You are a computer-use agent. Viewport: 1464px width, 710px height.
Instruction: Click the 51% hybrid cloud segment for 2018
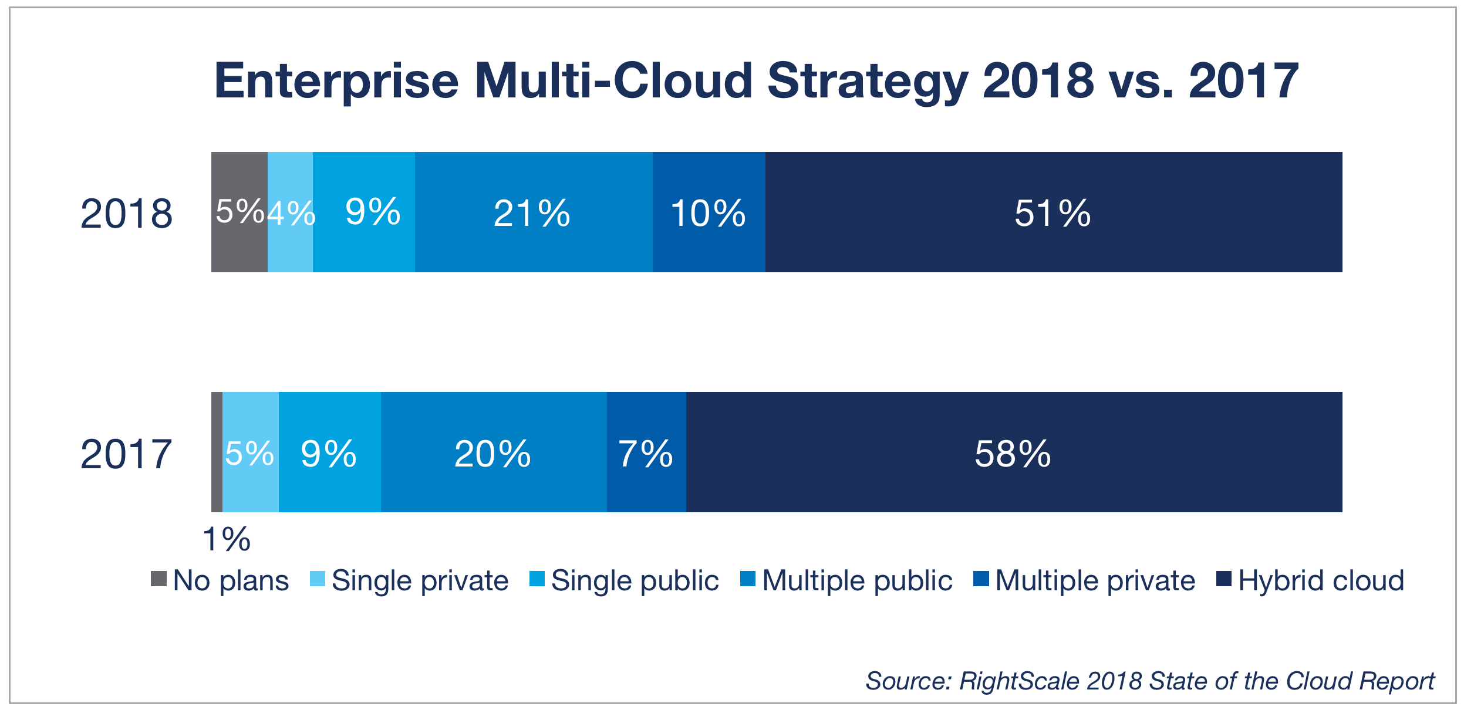coord(1053,212)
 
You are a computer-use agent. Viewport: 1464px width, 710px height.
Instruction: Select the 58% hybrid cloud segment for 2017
coord(1014,452)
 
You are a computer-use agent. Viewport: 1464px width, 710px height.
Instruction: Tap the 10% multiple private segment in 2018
coord(709,212)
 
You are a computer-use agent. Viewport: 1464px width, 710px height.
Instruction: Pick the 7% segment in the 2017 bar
coord(646,452)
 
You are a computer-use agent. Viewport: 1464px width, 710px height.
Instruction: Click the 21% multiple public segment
coord(533,212)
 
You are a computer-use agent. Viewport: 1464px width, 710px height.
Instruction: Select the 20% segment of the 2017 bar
coord(493,452)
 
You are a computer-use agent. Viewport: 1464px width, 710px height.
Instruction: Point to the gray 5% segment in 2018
coord(239,212)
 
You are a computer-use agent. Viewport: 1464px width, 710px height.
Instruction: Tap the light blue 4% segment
coord(291,212)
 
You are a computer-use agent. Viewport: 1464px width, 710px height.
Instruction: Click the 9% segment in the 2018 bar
coord(364,212)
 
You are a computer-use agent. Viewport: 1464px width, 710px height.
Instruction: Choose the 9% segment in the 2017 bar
coord(329,452)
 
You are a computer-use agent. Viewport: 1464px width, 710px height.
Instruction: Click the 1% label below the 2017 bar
coord(227,539)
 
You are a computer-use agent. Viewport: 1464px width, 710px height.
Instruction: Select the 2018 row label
coord(126,214)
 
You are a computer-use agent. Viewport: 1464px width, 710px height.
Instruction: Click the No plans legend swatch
coord(158,579)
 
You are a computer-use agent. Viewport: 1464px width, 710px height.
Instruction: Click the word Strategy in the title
coord(867,82)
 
